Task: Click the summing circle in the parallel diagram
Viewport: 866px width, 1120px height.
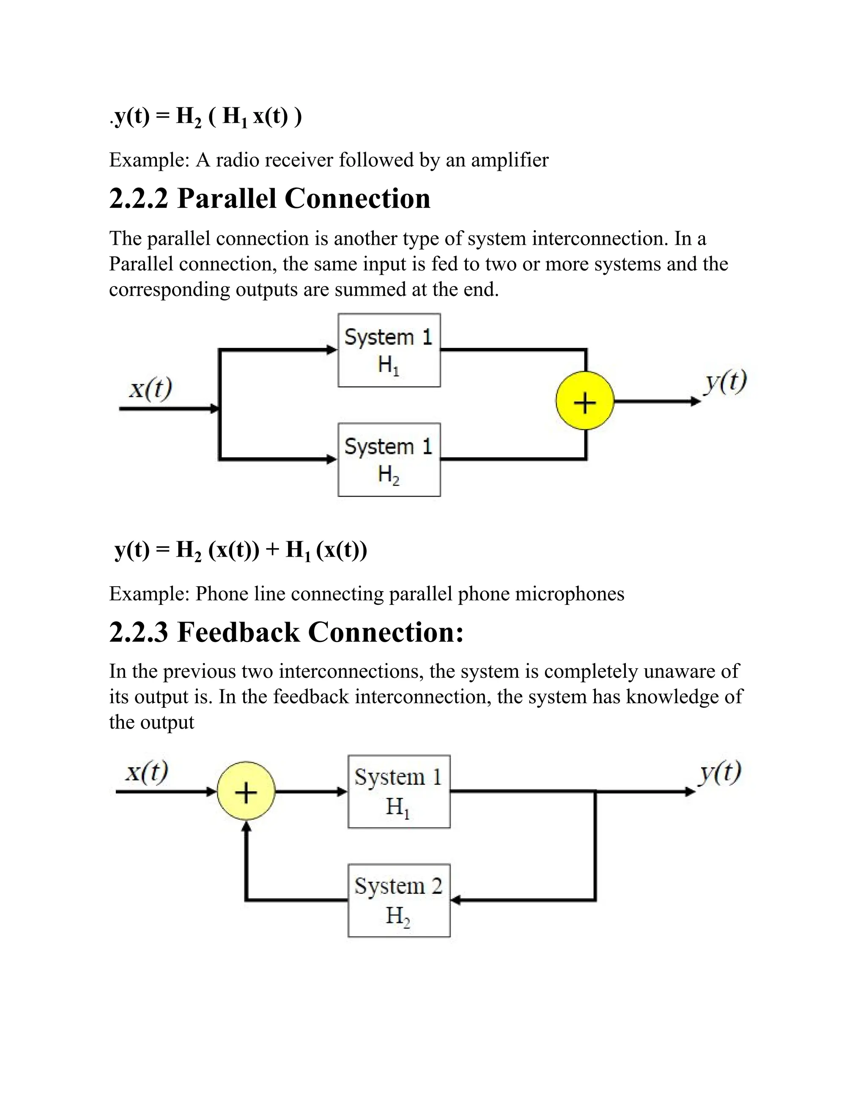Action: (585, 401)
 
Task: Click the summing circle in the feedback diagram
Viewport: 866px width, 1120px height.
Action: (246, 792)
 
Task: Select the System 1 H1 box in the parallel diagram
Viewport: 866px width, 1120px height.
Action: (389, 350)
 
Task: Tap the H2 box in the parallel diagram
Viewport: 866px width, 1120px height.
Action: (389, 459)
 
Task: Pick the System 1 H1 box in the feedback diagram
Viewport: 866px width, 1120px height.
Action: (399, 792)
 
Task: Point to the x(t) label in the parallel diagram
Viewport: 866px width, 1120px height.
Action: (150, 388)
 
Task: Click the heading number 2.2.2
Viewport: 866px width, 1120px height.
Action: (139, 199)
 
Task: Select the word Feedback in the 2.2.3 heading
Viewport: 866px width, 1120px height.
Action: (238, 632)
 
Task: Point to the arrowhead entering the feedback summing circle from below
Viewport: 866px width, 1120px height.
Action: (246, 825)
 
